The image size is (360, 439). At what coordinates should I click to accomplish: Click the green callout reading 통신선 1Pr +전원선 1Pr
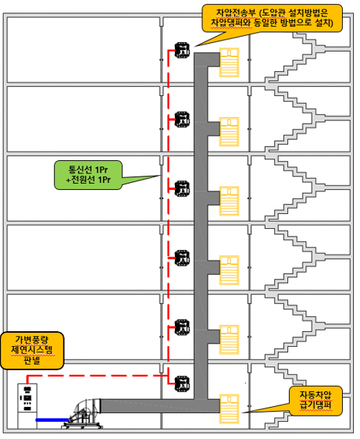[88, 175]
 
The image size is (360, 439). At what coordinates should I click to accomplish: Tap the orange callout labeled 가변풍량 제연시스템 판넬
[32, 350]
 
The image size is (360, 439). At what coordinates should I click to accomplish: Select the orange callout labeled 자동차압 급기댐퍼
[315, 401]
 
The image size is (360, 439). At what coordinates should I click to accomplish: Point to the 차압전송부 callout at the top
[272, 18]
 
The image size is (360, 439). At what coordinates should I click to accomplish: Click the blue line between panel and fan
[52, 419]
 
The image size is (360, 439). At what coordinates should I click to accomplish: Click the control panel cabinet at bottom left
[27, 406]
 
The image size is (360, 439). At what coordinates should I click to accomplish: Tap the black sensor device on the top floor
[182, 50]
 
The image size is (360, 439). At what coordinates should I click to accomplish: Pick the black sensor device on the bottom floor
[182, 384]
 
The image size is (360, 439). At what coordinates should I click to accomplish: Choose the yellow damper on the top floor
[229, 62]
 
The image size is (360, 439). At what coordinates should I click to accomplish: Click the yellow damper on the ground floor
[229, 409]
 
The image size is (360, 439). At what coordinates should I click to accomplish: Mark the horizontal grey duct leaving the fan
[160, 406]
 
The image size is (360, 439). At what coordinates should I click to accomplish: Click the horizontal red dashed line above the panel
[98, 376]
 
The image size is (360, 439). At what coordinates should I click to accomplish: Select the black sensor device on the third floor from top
[182, 189]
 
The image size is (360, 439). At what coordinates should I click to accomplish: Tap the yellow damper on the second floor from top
[229, 131]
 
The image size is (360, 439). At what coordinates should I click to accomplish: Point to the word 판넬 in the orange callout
[32, 361]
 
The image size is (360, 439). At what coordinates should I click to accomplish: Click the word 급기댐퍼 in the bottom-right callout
[315, 405]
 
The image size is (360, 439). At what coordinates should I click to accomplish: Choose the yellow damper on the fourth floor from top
[229, 270]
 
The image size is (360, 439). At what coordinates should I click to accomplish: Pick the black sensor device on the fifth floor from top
[182, 327]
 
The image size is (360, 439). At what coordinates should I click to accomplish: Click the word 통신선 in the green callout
[80, 170]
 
